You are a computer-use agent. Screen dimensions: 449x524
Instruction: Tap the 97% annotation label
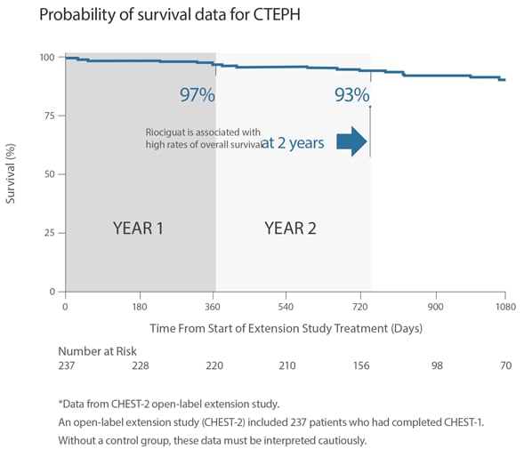(197, 95)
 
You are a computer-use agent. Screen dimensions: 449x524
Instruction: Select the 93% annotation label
(351, 95)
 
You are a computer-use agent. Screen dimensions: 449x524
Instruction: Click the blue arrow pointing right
(352, 141)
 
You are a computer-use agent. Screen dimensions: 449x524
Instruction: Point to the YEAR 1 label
(138, 228)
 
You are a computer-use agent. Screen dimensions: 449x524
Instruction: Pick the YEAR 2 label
(290, 228)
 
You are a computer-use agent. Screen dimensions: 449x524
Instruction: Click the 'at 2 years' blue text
(292, 142)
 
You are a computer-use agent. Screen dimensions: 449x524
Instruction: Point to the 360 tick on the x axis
(214, 307)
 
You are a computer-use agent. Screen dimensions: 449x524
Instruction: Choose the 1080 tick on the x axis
(505, 307)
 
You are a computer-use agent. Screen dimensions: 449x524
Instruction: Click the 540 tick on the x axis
(286, 307)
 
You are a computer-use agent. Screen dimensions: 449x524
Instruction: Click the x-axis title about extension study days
(286, 328)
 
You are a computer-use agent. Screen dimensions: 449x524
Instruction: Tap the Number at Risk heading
(100, 351)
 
